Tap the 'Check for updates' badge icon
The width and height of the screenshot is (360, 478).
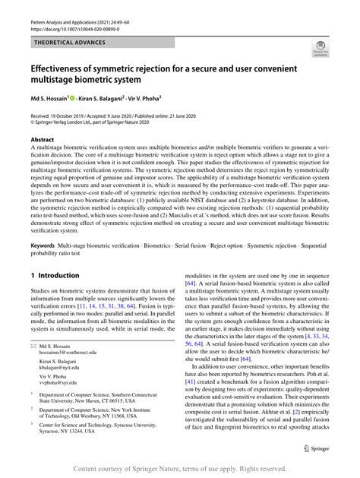tap(320, 51)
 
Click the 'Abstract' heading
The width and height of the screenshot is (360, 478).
tap(43, 141)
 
